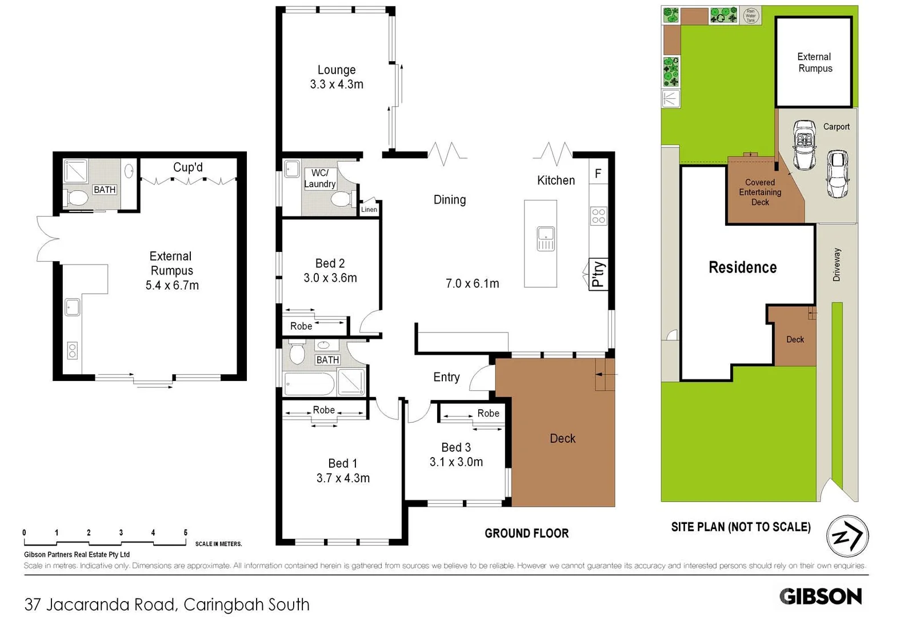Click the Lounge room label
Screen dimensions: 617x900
[x=337, y=70]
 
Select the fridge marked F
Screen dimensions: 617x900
[x=598, y=174]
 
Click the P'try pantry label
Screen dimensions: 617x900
[x=598, y=274]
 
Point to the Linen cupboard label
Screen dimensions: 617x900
[x=369, y=210]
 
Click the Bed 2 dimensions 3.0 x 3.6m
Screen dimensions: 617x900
[x=330, y=278]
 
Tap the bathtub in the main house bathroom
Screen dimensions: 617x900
[x=309, y=384]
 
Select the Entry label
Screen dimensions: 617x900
[x=446, y=377]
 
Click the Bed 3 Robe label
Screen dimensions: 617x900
[x=488, y=413]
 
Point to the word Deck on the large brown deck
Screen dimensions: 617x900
[x=562, y=439]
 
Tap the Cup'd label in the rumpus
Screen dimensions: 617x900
[x=188, y=167]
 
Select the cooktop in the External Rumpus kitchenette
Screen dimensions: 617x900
[x=72, y=350]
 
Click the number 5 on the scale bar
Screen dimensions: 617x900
[x=185, y=532]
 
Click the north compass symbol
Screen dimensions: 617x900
[x=847, y=536]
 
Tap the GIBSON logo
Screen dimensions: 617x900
[x=820, y=596]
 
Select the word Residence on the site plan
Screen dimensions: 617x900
[x=742, y=267]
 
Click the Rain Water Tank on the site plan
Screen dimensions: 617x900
[x=750, y=15]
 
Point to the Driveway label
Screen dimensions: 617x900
[x=837, y=265]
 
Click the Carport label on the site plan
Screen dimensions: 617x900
[x=836, y=127]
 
